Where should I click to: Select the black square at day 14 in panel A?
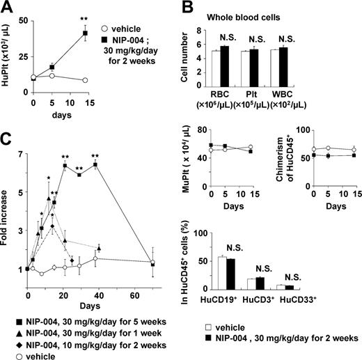pos(85,33)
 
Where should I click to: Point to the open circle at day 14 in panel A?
pos(85,80)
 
